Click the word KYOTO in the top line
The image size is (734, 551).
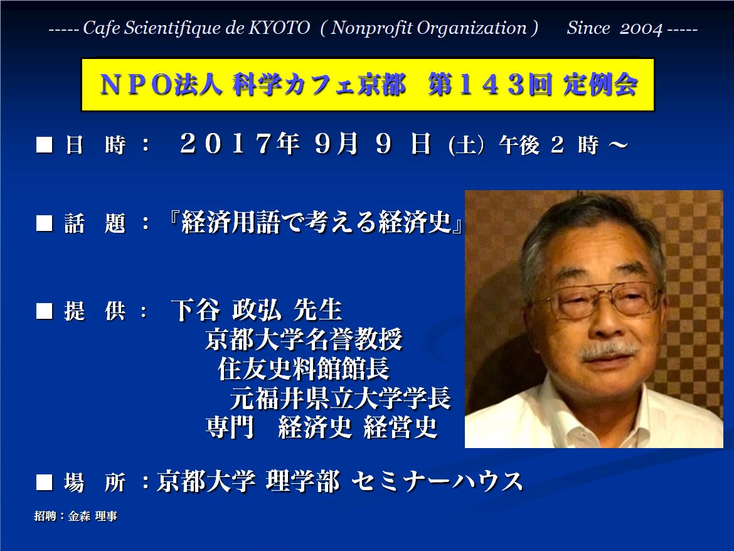coord(279,28)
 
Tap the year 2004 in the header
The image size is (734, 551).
coord(641,29)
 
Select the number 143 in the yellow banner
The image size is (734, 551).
coord(491,85)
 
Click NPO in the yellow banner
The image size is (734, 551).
coord(136,85)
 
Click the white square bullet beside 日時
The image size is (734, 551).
coord(45,144)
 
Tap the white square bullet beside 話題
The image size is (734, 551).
coord(45,223)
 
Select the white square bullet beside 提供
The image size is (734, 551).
coord(45,311)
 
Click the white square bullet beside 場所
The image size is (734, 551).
coord(45,482)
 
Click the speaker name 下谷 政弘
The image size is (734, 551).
coord(226,310)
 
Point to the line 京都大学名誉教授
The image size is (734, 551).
coord(304,339)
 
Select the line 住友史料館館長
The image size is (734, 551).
coord(304,368)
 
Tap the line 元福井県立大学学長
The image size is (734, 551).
coord(340,398)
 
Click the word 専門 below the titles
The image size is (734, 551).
coord(230,427)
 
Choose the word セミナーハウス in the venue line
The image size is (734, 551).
coord(437,482)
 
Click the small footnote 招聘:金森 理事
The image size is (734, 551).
coord(75,516)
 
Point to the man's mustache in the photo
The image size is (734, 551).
coord(609,351)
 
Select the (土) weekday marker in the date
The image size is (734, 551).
coord(465,145)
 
